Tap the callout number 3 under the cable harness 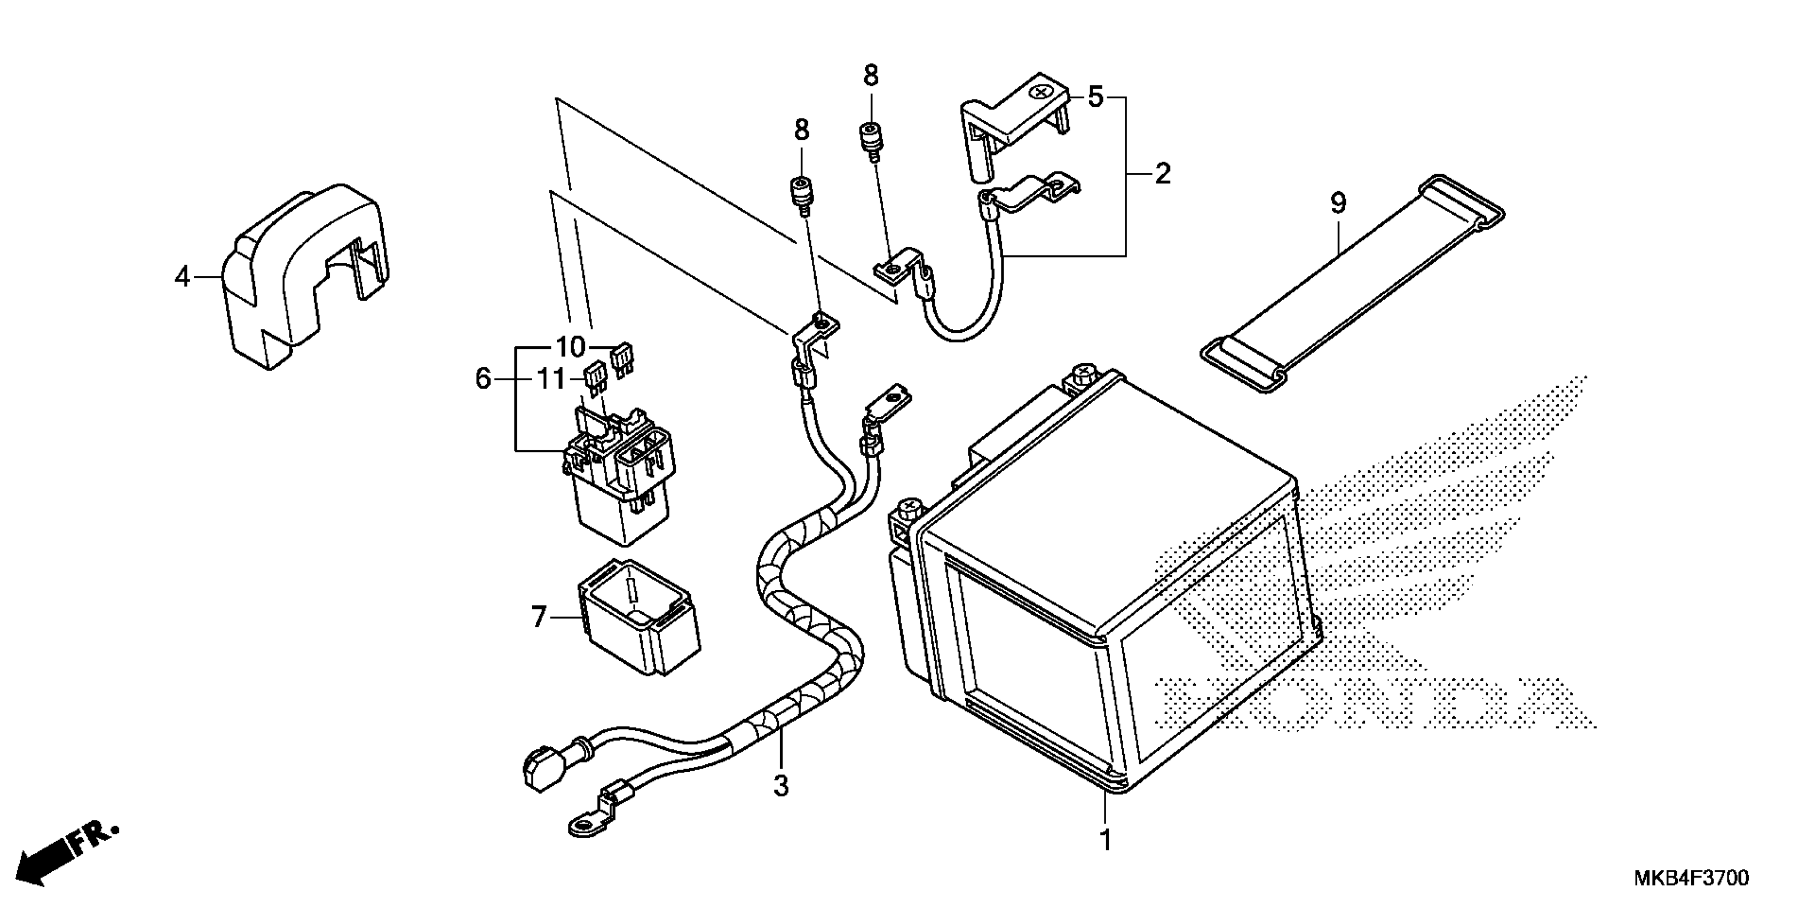point(780,785)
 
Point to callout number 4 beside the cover point(183,277)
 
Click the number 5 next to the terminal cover point(1095,97)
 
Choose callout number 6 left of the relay point(483,379)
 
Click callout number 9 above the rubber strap point(1338,203)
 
